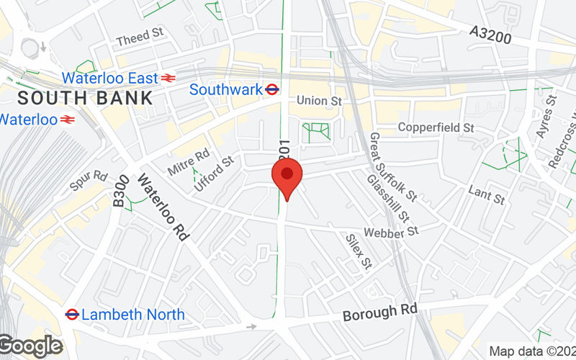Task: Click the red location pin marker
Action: [x=287, y=177]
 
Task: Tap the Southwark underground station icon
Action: [x=272, y=90]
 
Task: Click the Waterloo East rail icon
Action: [x=168, y=78]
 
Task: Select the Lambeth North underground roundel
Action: [x=72, y=315]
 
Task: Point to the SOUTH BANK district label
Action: [x=85, y=98]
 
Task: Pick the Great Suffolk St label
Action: [x=393, y=166]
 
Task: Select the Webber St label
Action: [x=391, y=232]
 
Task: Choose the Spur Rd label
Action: [x=89, y=181]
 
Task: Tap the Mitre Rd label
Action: [x=188, y=162]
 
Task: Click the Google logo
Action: [x=30, y=346]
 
